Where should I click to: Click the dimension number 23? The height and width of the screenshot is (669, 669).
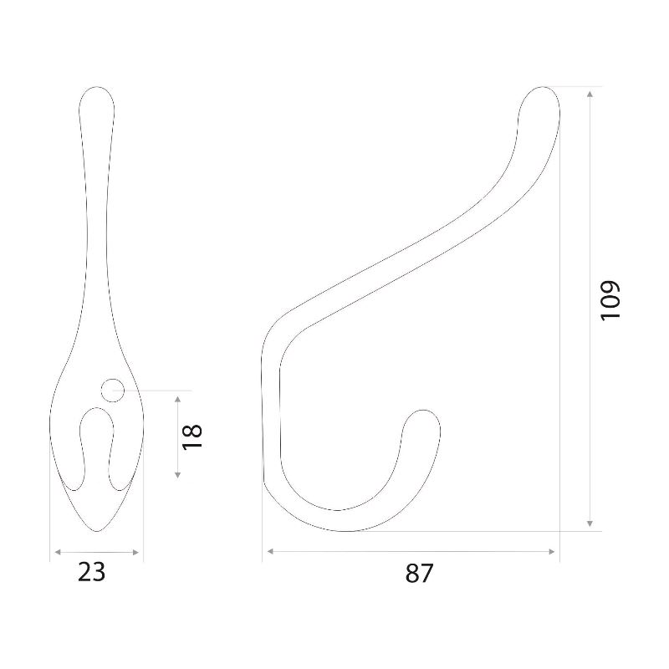tap(91, 572)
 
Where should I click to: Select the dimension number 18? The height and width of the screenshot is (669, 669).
tap(192, 436)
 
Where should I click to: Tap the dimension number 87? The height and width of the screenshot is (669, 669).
tap(419, 573)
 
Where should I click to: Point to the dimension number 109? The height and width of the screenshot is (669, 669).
tap(610, 300)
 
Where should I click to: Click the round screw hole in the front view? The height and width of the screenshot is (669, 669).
tap(113, 390)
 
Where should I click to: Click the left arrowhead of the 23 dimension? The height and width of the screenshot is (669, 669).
tap(58, 552)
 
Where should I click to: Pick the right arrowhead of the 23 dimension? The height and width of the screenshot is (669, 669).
tap(135, 552)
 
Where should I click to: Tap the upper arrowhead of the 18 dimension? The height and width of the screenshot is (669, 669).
tap(177, 400)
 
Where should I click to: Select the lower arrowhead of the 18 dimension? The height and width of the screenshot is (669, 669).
tap(177, 474)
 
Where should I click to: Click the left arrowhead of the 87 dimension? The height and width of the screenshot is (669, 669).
tap(270, 551)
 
